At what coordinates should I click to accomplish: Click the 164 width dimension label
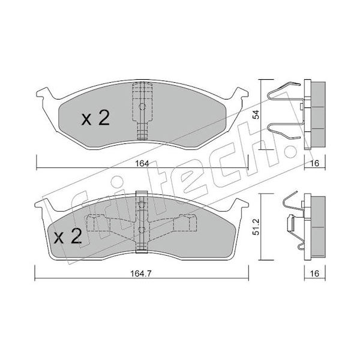tap(142, 163)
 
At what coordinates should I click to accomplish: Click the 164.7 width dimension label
tap(141, 274)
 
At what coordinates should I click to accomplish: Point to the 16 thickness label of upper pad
tap(314, 163)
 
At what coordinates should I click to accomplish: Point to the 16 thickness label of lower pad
tap(314, 274)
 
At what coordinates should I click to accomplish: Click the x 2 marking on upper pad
tap(95, 118)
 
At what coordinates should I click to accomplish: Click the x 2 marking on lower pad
tap(68, 236)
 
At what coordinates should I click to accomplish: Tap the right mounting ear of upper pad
tap(239, 94)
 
